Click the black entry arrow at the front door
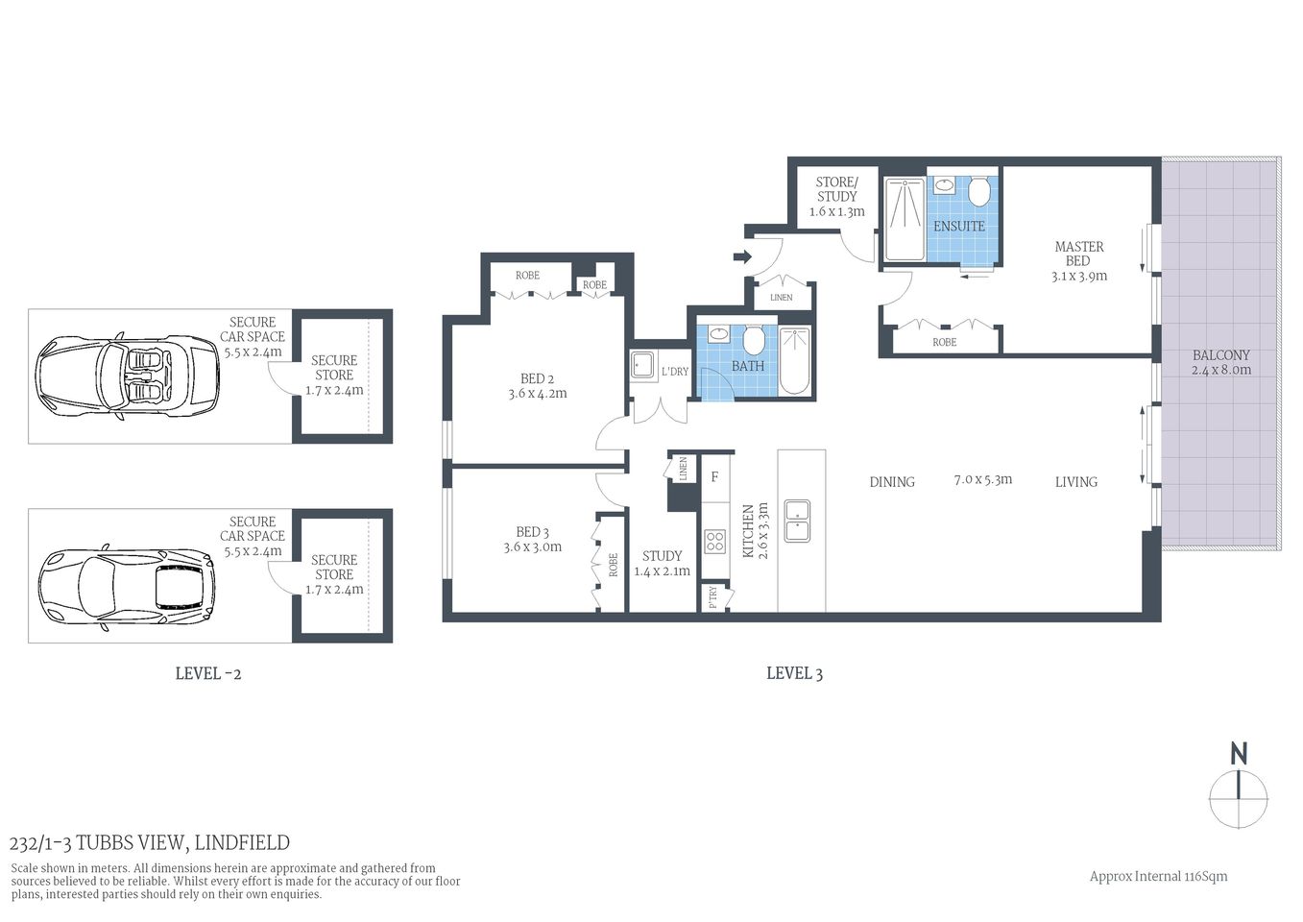[x=741, y=256]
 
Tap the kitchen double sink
[x=797, y=521]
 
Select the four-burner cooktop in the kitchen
[x=714, y=541]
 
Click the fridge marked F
[x=714, y=476]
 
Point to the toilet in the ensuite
[x=978, y=192]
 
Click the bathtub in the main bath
[x=795, y=361]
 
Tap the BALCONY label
[x=1220, y=355]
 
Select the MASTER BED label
[x=1078, y=254]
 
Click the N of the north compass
[x=1239, y=754]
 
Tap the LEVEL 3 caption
[x=794, y=673]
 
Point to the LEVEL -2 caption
[x=207, y=673]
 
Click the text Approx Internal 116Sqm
[x=1158, y=876]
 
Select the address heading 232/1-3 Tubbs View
[x=149, y=843]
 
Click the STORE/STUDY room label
[x=836, y=189]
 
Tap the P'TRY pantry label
[x=712, y=597]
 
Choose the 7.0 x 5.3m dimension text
[x=982, y=479]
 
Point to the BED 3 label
[x=532, y=532]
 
